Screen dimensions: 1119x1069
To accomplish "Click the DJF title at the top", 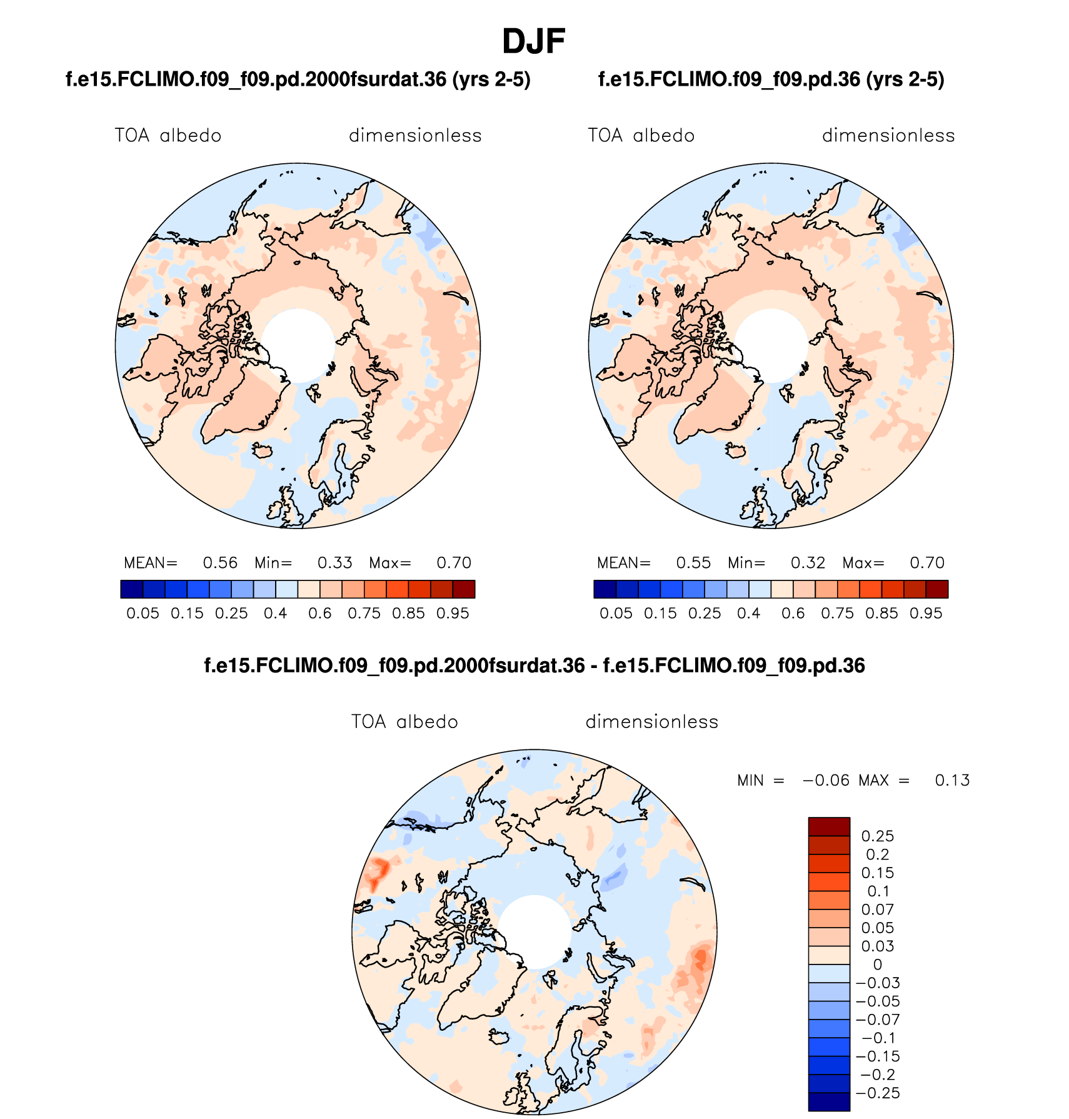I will tap(533, 42).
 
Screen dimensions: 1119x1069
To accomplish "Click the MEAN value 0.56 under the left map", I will tap(220, 563).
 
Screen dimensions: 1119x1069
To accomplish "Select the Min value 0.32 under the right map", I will tap(808, 563).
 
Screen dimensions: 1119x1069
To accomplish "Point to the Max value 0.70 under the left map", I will tap(454, 563).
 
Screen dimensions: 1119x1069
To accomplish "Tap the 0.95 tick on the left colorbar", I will tap(453, 614).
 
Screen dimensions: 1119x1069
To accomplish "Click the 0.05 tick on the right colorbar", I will tap(616, 614).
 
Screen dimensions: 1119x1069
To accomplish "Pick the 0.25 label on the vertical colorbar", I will tap(878, 836).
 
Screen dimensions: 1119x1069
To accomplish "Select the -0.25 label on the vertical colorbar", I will tap(878, 1093).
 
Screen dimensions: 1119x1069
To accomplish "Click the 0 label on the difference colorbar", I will tap(878, 965).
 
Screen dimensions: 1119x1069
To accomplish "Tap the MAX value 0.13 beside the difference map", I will tap(952, 781).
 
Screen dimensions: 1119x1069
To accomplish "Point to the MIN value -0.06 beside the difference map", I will tap(826, 781).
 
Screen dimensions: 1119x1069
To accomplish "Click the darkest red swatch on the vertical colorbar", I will tap(829, 826).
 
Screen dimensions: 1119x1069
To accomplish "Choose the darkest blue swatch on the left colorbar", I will tap(132, 589).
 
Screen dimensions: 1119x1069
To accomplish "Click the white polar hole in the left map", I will tap(298, 345).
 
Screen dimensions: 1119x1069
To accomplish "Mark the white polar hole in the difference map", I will tap(534, 932).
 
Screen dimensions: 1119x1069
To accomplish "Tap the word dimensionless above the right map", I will tap(888, 136).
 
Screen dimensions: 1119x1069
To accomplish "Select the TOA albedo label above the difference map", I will tap(404, 722).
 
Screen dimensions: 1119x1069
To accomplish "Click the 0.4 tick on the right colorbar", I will tap(749, 614).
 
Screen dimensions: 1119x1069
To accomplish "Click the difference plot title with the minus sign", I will tap(534, 666).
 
